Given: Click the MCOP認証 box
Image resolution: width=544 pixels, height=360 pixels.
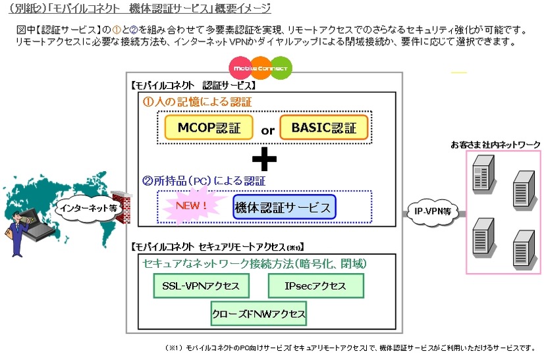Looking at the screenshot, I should pos(205,126).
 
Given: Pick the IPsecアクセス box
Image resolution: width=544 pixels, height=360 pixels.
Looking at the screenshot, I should pos(315,286).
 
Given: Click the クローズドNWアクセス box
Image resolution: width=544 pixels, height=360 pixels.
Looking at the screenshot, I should pos(258,313).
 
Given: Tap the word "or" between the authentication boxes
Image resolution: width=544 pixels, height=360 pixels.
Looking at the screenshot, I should pos(267,130).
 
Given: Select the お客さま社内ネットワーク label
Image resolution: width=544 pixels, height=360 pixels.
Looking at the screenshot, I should pos(495,144).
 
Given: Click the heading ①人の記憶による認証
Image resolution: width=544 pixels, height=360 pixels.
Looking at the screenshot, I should pos(198,102).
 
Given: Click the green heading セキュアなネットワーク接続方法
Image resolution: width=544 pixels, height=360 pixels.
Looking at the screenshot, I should pos(255,263).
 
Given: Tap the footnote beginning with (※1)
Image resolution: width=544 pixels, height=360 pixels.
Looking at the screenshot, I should pos(350,349).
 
